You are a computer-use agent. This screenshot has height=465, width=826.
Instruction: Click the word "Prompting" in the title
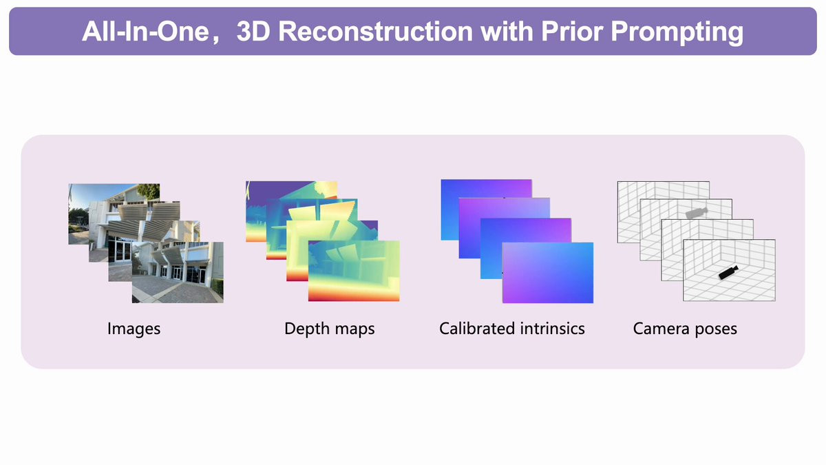click(x=677, y=32)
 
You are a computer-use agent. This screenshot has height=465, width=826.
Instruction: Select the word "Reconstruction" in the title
click(x=375, y=32)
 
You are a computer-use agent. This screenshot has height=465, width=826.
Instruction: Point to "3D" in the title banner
click(x=254, y=32)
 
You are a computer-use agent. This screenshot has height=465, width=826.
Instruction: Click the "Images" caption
click(x=134, y=329)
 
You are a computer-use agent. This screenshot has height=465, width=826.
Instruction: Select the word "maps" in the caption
click(x=354, y=330)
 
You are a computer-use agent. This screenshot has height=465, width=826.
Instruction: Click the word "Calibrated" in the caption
click(x=478, y=328)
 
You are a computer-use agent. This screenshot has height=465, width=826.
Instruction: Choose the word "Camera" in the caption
click(x=661, y=328)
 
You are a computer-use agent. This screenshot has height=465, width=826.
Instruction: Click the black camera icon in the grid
click(x=728, y=272)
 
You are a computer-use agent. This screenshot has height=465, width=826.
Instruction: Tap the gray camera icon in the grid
click(x=696, y=213)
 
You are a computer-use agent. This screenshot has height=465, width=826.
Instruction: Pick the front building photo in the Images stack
click(x=178, y=272)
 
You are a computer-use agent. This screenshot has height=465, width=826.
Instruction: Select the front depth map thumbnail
click(x=354, y=271)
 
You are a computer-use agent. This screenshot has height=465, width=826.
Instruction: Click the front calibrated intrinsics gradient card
click(x=548, y=273)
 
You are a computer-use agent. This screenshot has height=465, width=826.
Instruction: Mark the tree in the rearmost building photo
click(x=149, y=192)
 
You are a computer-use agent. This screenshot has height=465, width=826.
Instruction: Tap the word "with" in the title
click(x=507, y=32)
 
